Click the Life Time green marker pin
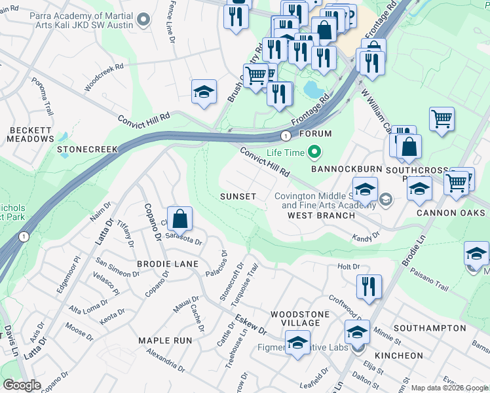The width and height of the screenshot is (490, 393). point(314,153)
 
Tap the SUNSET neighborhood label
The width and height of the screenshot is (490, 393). point(238,196)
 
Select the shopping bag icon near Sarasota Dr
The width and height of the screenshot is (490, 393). point(179,218)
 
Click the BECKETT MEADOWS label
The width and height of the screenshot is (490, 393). point(31,134)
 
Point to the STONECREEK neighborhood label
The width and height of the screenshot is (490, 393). point(87,149)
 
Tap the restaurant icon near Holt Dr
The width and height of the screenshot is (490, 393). point(369,286)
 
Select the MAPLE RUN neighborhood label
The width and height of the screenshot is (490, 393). point(165,341)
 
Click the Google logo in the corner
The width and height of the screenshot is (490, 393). point(22,385)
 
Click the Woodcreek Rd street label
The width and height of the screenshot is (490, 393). point(104,77)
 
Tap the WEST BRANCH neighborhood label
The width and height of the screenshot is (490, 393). point(312,215)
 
